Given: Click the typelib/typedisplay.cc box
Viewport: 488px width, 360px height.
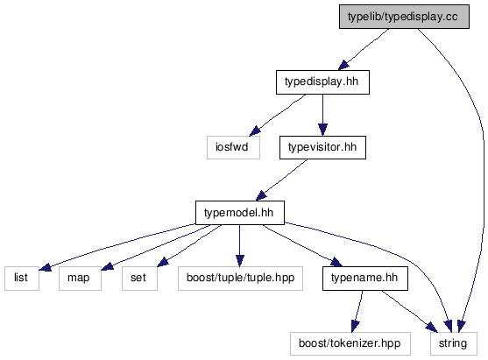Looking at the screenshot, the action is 404,17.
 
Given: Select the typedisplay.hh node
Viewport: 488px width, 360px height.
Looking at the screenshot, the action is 322,82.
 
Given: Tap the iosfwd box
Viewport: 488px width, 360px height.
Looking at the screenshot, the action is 233,147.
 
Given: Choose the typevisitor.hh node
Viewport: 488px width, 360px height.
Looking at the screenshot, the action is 322,147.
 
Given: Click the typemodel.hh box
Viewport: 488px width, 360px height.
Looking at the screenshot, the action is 240,213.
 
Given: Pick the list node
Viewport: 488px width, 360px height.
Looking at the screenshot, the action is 22,279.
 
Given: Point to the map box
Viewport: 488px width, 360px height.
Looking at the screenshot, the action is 80,279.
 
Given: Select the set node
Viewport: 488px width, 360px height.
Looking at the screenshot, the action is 139,279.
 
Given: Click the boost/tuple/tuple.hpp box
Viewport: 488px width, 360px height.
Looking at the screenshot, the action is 240,279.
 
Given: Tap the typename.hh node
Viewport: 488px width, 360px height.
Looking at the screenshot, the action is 365,279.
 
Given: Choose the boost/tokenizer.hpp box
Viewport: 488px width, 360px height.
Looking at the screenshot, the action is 350,344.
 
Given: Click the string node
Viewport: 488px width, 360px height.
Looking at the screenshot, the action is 454,344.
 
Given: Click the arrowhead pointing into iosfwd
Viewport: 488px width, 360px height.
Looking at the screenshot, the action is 255,131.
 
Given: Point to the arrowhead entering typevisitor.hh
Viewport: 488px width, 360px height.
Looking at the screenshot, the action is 322,130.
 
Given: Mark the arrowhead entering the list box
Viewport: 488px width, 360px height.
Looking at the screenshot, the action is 46,267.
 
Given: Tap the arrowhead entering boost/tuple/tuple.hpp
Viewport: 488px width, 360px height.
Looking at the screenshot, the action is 240,260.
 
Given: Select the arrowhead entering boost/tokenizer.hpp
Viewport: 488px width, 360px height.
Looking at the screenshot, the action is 355,326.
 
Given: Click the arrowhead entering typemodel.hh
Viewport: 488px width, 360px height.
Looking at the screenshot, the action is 261,196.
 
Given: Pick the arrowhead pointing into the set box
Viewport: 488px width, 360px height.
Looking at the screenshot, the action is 163,262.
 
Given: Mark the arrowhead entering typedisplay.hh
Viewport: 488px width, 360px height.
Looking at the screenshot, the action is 344,65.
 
